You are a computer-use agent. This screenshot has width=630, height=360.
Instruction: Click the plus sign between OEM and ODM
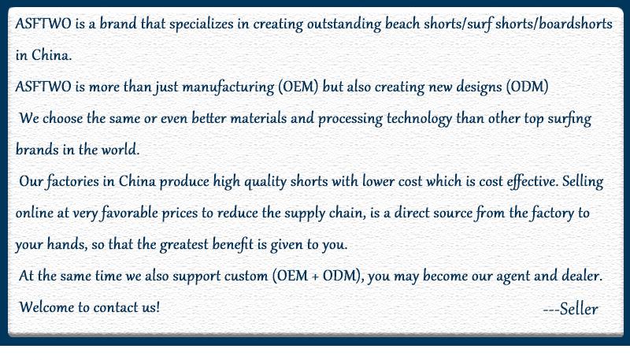click(x=316, y=276)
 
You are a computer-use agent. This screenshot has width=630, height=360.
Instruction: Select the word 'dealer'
click(x=582, y=276)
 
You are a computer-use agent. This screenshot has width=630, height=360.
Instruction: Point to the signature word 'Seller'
click(x=579, y=309)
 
